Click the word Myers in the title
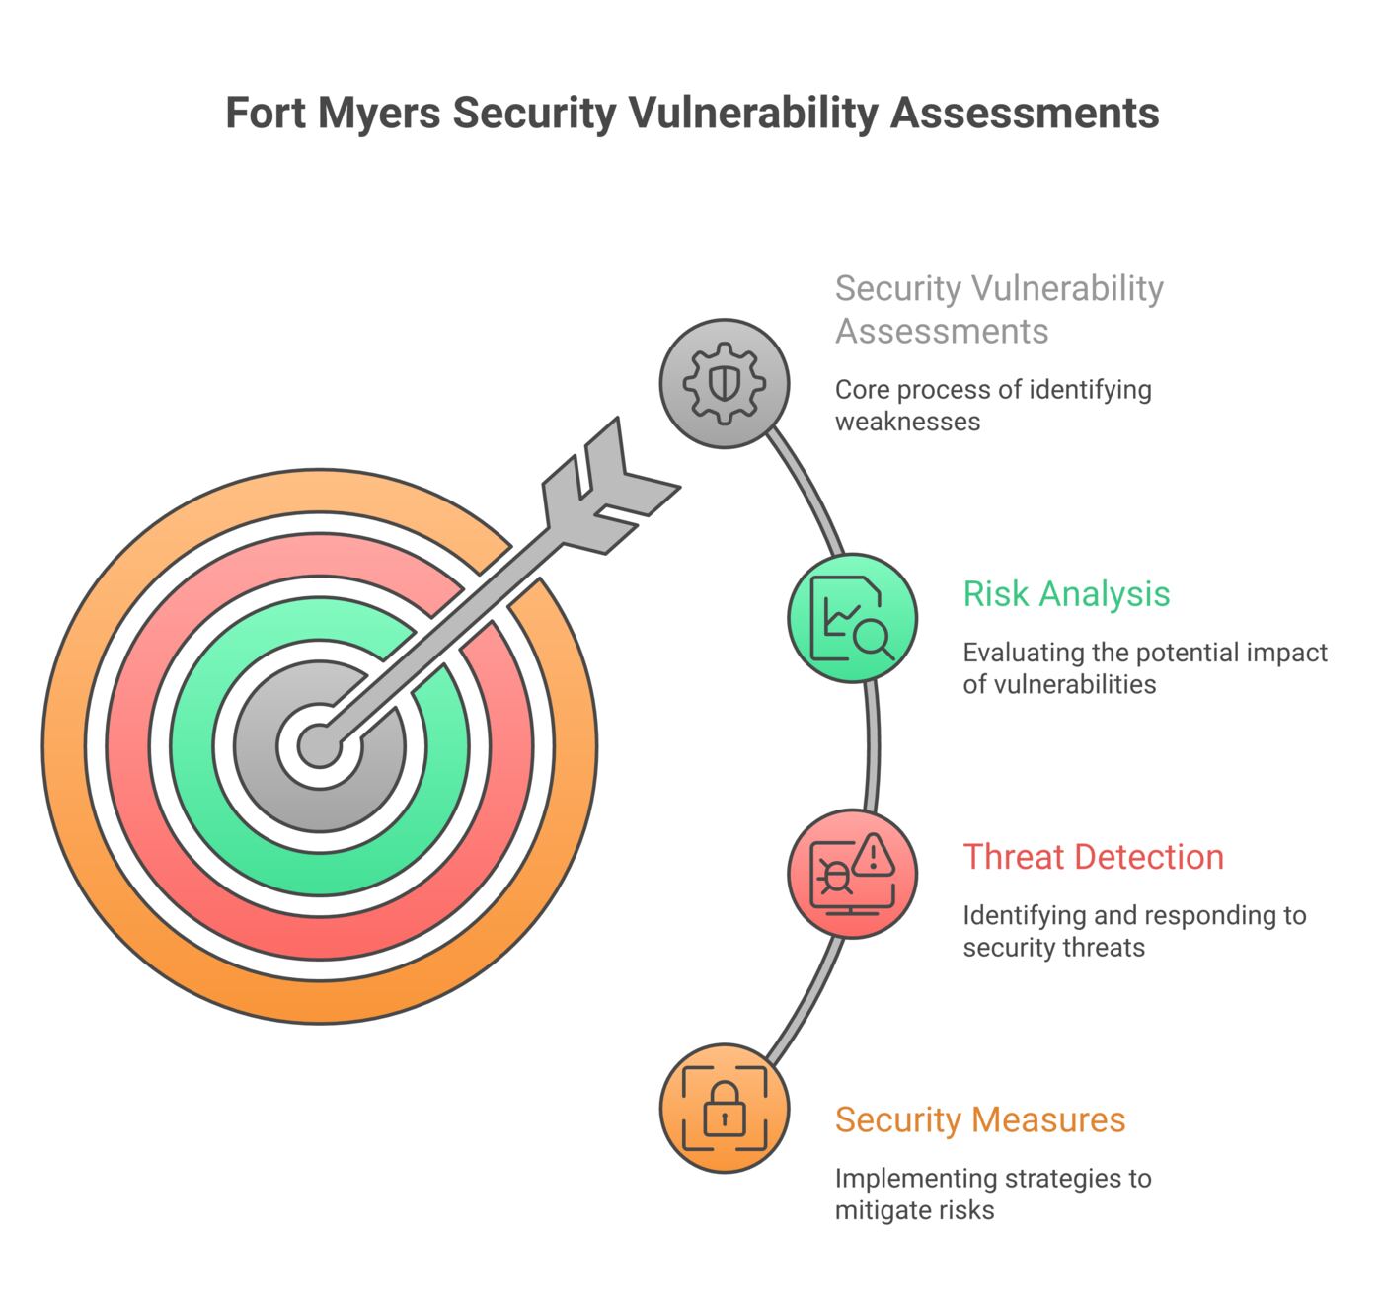click(x=379, y=114)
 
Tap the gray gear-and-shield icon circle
click(x=724, y=384)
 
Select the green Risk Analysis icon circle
click(x=852, y=618)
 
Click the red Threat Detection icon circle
click(x=852, y=874)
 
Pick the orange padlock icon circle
click(x=724, y=1109)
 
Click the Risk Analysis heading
click(x=1066, y=594)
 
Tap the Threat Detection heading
click(x=1093, y=857)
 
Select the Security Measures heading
click(x=980, y=1119)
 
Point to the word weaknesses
click(x=907, y=422)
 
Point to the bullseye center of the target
click(x=319, y=745)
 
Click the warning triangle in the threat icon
click(x=873, y=854)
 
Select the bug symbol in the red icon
click(x=836, y=877)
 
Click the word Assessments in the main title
click(x=1025, y=114)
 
